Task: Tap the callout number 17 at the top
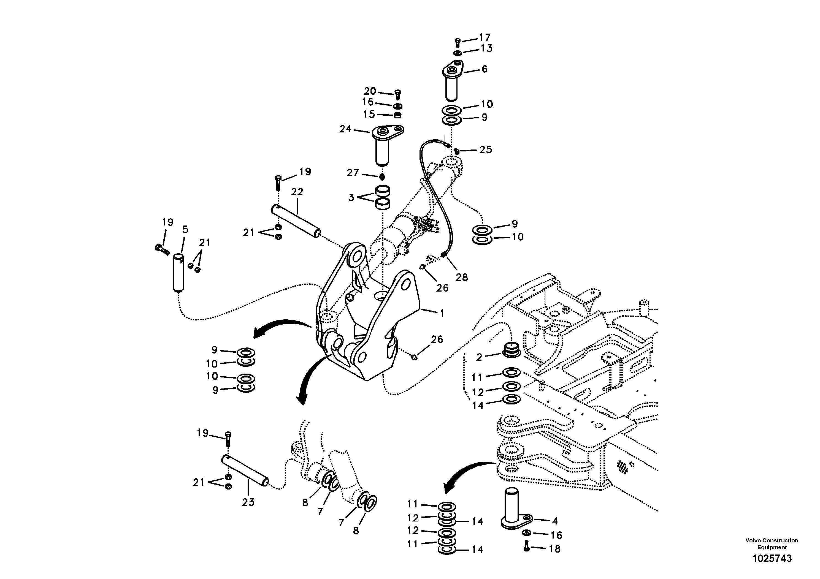point(485,37)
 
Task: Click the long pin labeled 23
point(245,471)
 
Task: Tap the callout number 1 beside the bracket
point(442,313)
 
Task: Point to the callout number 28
point(461,277)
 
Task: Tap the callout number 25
point(485,149)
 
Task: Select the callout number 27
point(353,173)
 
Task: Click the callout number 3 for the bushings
point(351,197)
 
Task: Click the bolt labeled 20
point(398,95)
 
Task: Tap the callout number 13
point(486,48)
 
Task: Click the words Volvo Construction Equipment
point(772,544)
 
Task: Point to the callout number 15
point(369,114)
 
